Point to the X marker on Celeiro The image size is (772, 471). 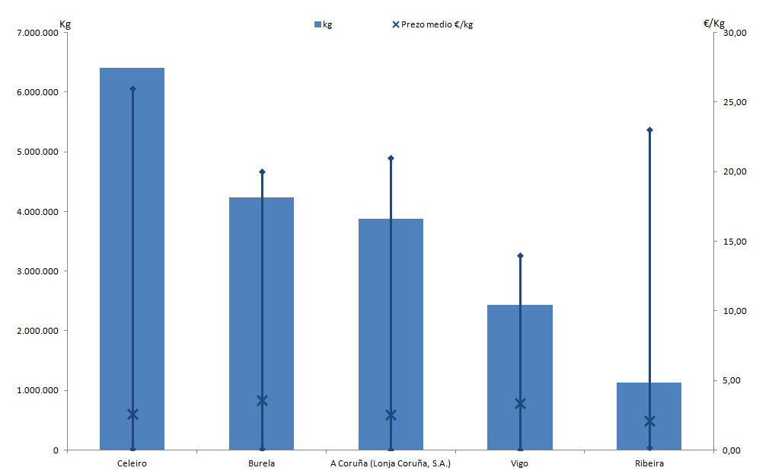click(132, 414)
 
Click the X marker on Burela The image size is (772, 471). click(262, 400)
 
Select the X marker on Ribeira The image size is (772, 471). click(649, 421)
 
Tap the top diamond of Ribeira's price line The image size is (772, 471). click(649, 130)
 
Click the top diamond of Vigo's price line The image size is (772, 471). click(520, 255)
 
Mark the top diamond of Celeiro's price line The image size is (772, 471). click(132, 88)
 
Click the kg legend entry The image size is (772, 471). click(324, 24)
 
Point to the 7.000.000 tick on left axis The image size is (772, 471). click(37, 33)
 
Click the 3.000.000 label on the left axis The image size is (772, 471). click(37, 271)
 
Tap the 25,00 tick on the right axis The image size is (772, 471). click(735, 102)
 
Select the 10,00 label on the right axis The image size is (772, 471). click(735, 311)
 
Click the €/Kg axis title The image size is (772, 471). click(714, 24)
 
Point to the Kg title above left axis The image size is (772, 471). click(65, 24)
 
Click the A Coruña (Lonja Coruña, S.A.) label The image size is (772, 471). click(391, 463)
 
